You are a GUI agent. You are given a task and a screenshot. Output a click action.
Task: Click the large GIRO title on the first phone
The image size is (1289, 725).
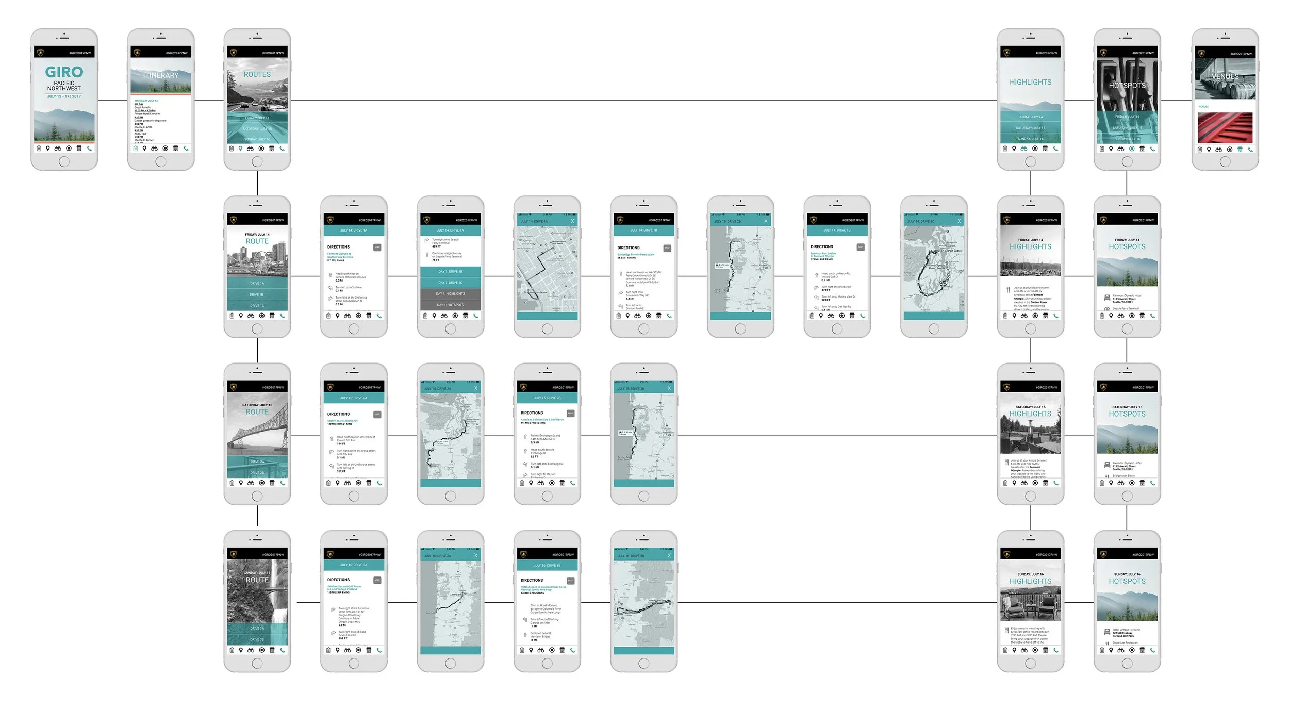[64, 72]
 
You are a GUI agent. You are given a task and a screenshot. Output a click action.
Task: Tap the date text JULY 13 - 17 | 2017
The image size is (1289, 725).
[64, 96]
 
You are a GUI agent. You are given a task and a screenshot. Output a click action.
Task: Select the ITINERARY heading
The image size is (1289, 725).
[160, 75]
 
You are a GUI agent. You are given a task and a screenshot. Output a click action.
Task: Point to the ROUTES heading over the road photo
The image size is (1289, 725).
[257, 75]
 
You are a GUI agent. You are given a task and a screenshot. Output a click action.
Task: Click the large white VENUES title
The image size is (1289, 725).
[1225, 77]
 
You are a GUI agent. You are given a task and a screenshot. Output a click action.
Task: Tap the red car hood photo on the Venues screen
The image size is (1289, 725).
[1225, 127]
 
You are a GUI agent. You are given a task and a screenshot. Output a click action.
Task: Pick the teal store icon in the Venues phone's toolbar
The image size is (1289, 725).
[1240, 150]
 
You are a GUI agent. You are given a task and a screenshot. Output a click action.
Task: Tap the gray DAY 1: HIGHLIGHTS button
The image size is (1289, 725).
[451, 294]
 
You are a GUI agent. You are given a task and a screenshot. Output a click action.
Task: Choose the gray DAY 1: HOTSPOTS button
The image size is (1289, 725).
[451, 305]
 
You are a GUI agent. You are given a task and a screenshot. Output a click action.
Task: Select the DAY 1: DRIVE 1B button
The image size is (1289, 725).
[451, 272]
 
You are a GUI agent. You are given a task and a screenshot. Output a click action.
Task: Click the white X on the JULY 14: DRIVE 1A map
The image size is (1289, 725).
[572, 221]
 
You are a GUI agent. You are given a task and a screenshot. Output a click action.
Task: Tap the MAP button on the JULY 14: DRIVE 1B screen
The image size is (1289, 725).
[667, 248]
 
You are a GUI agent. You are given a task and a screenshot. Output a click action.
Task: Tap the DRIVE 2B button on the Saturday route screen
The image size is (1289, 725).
[257, 473]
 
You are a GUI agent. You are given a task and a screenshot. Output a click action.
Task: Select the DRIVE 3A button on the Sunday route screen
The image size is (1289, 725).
[257, 629]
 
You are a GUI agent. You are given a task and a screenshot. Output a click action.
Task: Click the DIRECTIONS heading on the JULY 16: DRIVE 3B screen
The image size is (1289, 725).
[532, 580]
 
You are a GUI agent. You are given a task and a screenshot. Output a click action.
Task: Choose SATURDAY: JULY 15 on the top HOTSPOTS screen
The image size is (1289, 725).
[1127, 128]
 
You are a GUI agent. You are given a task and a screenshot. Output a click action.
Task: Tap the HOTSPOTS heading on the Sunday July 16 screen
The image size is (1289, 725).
[1127, 581]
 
